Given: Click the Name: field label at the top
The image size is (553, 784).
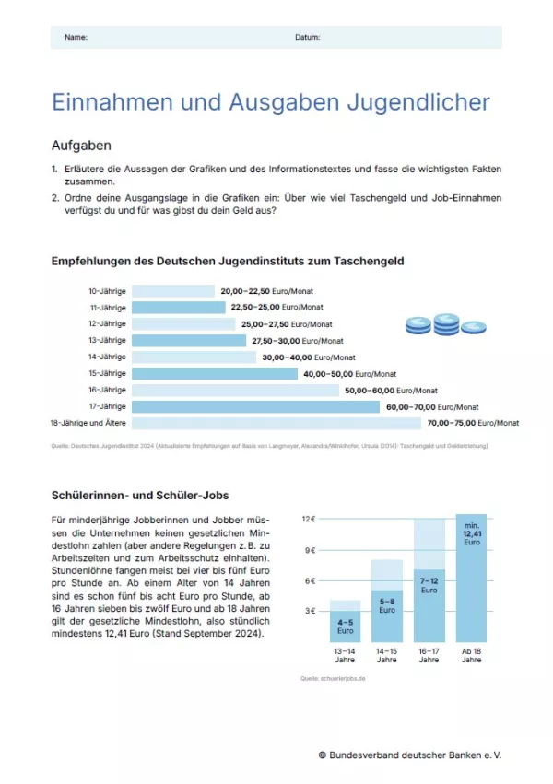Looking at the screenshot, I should pyautogui.click(x=76, y=37).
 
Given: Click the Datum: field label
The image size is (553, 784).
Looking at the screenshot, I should pyautogui.click(x=307, y=37).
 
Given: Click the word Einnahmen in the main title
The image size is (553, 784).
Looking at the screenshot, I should pyautogui.click(x=112, y=102).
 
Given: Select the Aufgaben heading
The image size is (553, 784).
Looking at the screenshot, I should pyautogui.click(x=81, y=146).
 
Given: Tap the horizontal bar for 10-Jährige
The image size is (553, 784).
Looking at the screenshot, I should pyautogui.click(x=172, y=291).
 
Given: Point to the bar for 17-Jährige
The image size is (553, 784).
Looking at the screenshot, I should pyautogui.click(x=255, y=406).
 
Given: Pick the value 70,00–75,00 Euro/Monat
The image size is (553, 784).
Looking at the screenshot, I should pyautogui.click(x=473, y=423).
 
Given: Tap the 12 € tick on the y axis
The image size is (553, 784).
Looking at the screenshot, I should pyautogui.click(x=310, y=520).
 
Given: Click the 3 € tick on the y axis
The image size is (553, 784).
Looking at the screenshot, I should pyautogui.click(x=312, y=611).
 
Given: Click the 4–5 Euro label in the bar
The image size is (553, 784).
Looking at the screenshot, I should pyautogui.click(x=345, y=626).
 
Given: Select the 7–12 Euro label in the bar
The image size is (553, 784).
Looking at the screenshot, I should pyautogui.click(x=429, y=585).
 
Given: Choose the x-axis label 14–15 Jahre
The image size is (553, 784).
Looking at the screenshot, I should pyautogui.click(x=386, y=655).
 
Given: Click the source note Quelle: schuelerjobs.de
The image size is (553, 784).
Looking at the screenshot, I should pyautogui.click(x=333, y=678).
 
